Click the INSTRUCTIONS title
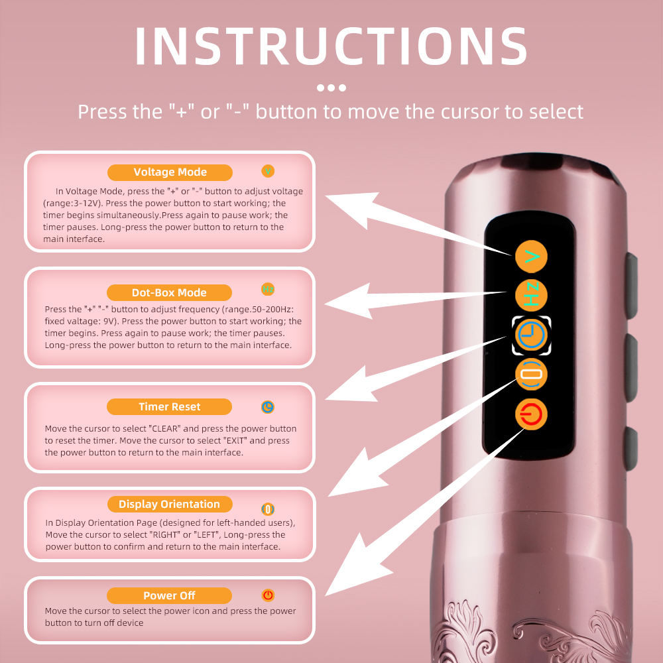tap(331, 46)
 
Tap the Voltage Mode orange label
tap(170, 172)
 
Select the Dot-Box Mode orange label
tap(169, 292)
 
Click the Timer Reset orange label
tap(169, 407)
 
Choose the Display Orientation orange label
tap(170, 504)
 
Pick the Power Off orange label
tap(169, 595)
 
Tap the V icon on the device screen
tap(532, 257)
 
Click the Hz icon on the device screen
tap(532, 296)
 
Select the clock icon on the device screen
tap(532, 335)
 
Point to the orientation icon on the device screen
tap(532, 375)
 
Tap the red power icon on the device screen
tap(532, 414)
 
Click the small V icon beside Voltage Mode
tap(268, 171)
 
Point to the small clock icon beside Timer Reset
tap(268, 407)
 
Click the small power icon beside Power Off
tap(268, 595)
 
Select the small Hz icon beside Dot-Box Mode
tap(268, 289)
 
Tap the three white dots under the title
tap(331, 88)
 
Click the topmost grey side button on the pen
tap(631, 285)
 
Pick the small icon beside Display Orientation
tap(268, 509)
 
